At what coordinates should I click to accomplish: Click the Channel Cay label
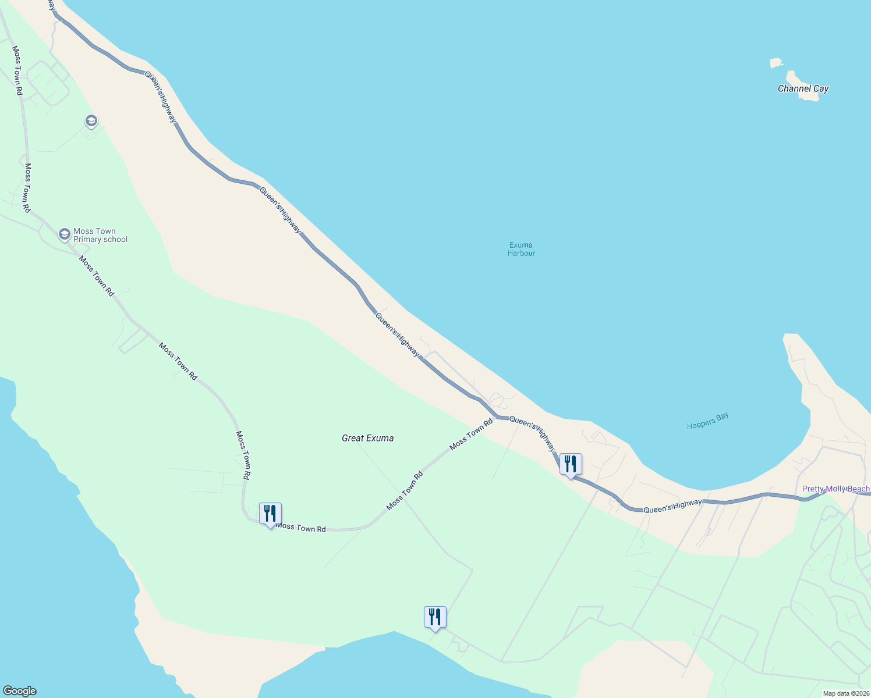pos(803,88)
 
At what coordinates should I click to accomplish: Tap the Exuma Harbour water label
pos(521,249)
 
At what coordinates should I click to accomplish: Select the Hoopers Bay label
pos(707,421)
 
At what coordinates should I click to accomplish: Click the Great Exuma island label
pos(367,438)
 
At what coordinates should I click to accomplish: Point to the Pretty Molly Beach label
pos(835,489)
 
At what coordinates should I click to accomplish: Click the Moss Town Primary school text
pos(100,235)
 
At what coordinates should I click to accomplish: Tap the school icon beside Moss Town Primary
pos(65,234)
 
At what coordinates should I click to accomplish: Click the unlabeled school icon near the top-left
pos(91,121)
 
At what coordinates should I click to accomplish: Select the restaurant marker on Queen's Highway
pos(571,464)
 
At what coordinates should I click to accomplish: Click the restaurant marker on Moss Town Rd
pos(270,514)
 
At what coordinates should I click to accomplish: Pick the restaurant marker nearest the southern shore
pos(435,617)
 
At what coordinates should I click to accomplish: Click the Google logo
pos(19,691)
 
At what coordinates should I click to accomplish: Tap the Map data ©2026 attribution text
pos(846,693)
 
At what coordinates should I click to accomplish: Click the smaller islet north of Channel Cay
pos(776,62)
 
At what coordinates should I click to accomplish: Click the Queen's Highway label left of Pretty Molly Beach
pos(672,506)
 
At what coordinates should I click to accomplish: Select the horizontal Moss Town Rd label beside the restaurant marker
pos(300,528)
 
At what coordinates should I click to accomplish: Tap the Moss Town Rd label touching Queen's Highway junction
pos(471,434)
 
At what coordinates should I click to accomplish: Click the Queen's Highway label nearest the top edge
pos(160,97)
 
